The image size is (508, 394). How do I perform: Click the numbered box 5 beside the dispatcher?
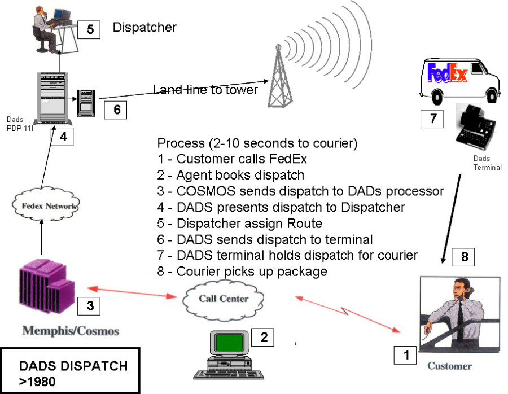point(89,29)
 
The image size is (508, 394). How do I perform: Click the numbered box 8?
point(464,257)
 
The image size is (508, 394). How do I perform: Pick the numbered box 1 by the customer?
point(405,356)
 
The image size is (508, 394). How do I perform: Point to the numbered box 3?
point(90,305)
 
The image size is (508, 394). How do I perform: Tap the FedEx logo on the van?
point(447,73)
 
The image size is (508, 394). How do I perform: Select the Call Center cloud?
point(223,299)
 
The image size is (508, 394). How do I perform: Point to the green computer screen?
point(229,342)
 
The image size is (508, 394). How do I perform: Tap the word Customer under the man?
point(449,366)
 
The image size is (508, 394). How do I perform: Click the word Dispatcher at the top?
point(144,27)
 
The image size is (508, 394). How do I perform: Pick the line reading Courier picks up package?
point(242,272)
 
